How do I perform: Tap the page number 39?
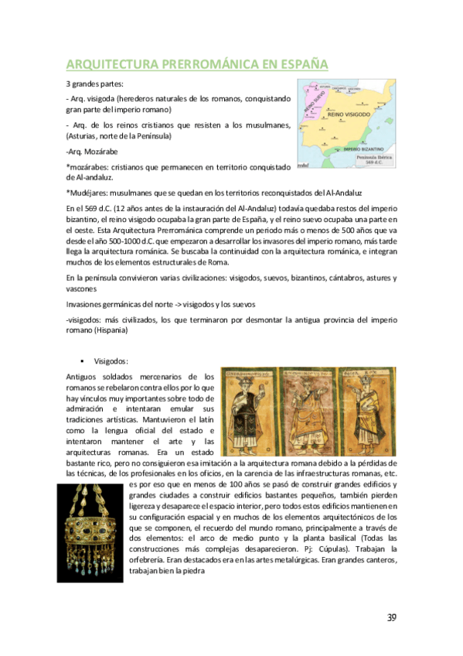point(391,617)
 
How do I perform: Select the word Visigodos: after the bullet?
point(111,361)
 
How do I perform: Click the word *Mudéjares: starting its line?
point(90,192)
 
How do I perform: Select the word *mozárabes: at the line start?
point(88,166)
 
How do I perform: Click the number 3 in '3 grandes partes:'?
point(68,84)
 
